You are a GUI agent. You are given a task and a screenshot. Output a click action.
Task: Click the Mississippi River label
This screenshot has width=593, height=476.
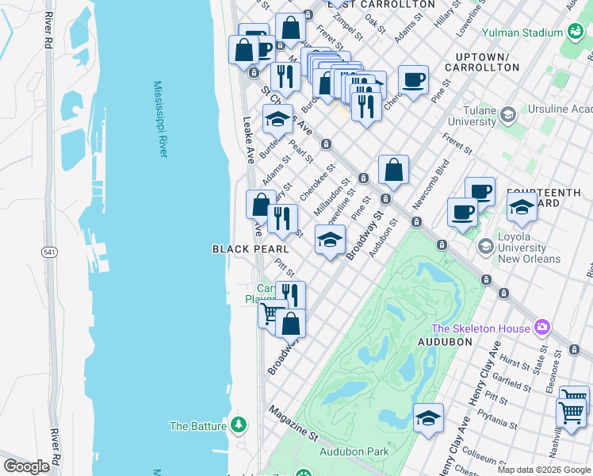point(160,119)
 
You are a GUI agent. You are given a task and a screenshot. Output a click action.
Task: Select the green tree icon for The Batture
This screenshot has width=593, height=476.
point(239,425)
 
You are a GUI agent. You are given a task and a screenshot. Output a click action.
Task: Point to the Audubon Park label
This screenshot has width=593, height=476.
point(354,451)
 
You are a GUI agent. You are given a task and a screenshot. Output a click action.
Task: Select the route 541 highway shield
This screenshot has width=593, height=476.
point(49,251)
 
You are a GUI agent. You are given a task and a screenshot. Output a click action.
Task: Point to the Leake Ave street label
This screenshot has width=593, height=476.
point(247,140)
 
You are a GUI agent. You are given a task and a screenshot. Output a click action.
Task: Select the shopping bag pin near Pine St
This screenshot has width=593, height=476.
point(393,170)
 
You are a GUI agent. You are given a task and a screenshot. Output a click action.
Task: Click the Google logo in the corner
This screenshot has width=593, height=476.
point(26,466)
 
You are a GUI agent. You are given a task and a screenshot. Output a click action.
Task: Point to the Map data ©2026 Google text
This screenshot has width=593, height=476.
point(544,470)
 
